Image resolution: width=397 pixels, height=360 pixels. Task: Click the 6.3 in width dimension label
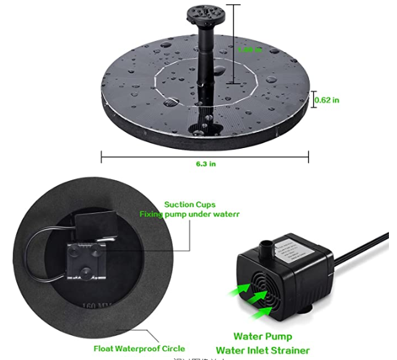[204, 164]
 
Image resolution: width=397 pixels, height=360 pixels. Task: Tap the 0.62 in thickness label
[328, 100]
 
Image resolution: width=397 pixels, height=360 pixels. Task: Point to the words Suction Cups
[190, 204]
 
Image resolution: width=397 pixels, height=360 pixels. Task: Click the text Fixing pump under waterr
[189, 214]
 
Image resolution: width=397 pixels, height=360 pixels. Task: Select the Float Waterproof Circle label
[139, 348]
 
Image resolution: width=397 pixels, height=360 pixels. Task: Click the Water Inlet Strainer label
[263, 351]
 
